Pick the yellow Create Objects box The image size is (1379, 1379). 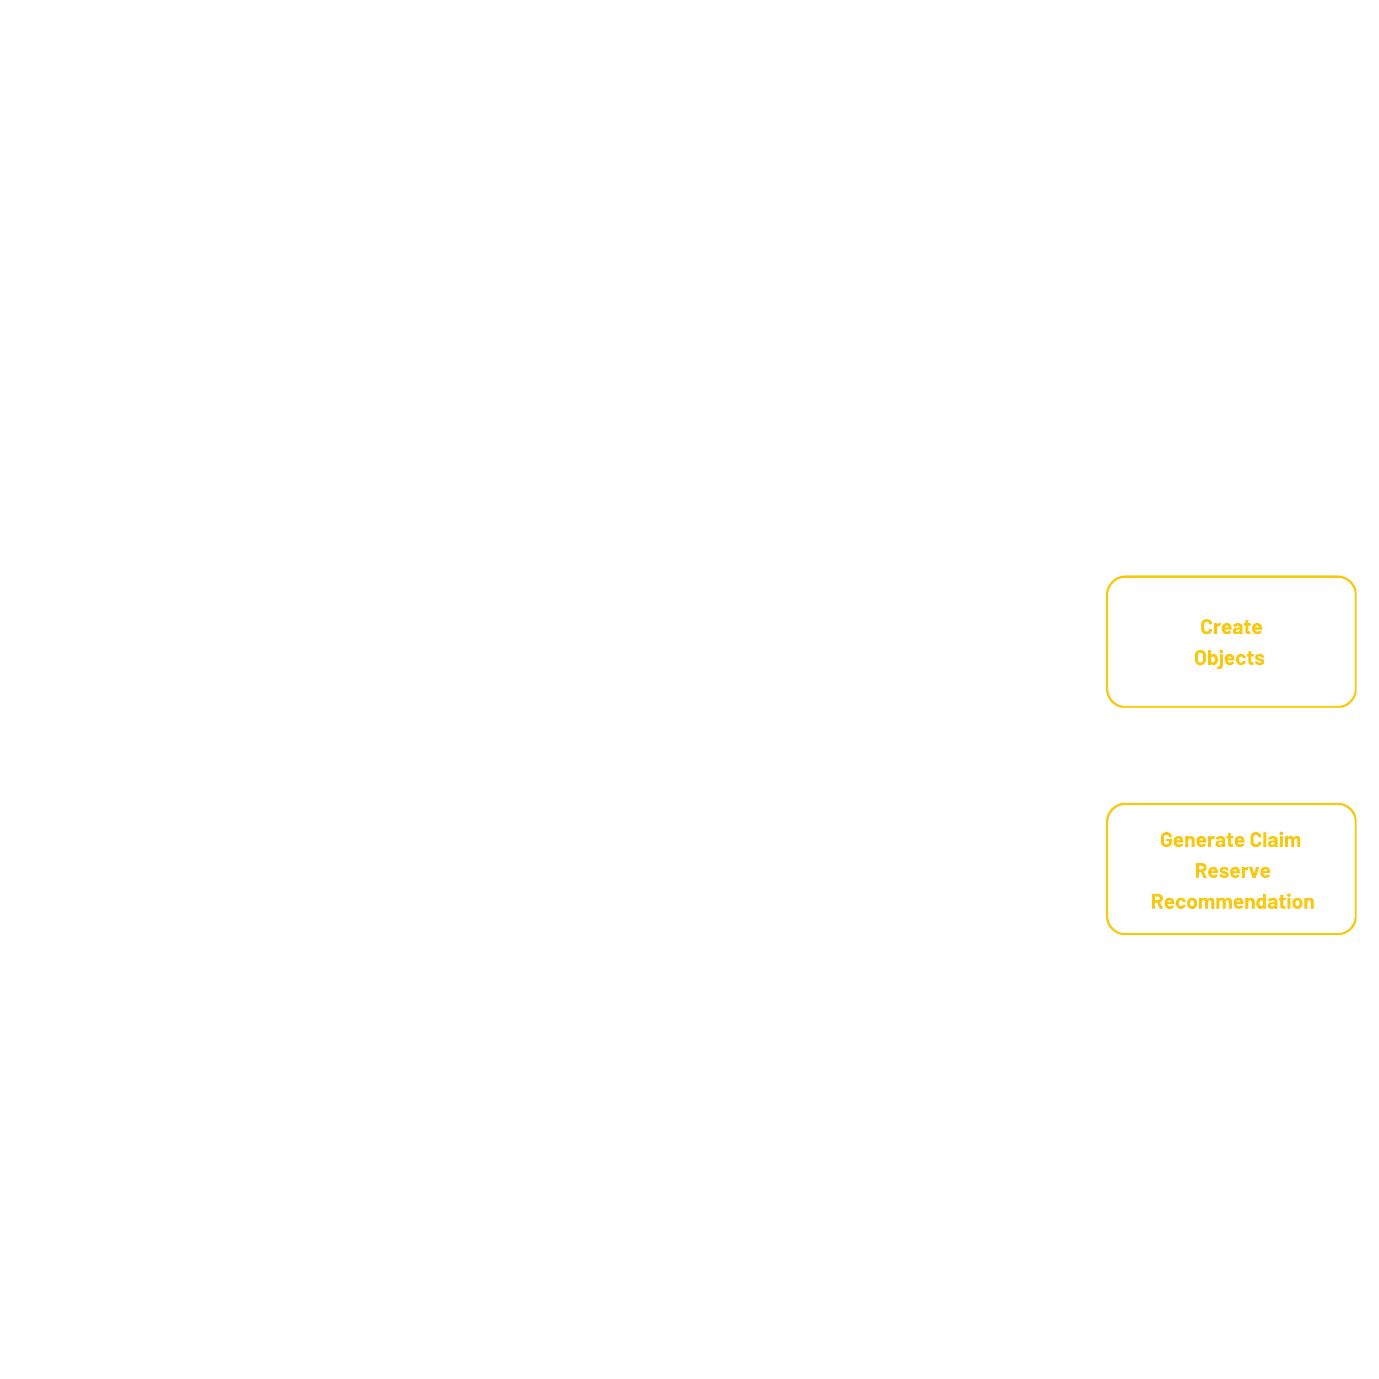pyautogui.click(x=1230, y=642)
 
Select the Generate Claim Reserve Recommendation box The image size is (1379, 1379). pyautogui.click(x=1230, y=869)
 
